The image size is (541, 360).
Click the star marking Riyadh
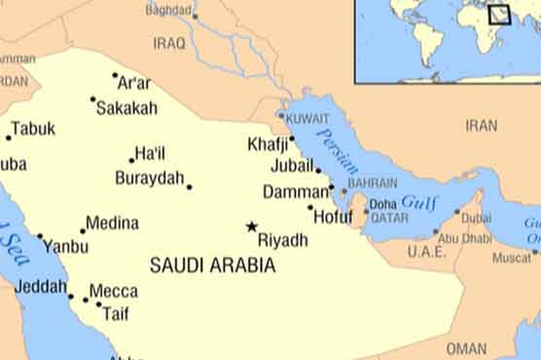point(251,227)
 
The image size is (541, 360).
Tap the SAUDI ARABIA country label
point(212,265)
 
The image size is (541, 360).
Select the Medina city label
point(112,223)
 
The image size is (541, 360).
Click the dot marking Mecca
point(85,300)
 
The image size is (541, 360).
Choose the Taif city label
point(116,313)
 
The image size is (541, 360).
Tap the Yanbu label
point(65,247)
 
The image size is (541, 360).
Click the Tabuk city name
point(33,128)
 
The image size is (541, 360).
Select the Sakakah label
point(126,108)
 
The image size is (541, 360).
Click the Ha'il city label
point(151,154)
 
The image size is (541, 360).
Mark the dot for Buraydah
point(189,187)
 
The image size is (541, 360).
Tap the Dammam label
point(295,192)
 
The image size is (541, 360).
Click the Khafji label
point(268,144)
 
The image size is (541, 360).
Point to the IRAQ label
point(168,44)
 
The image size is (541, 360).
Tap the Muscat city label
point(512,258)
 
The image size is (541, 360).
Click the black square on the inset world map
point(500,15)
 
